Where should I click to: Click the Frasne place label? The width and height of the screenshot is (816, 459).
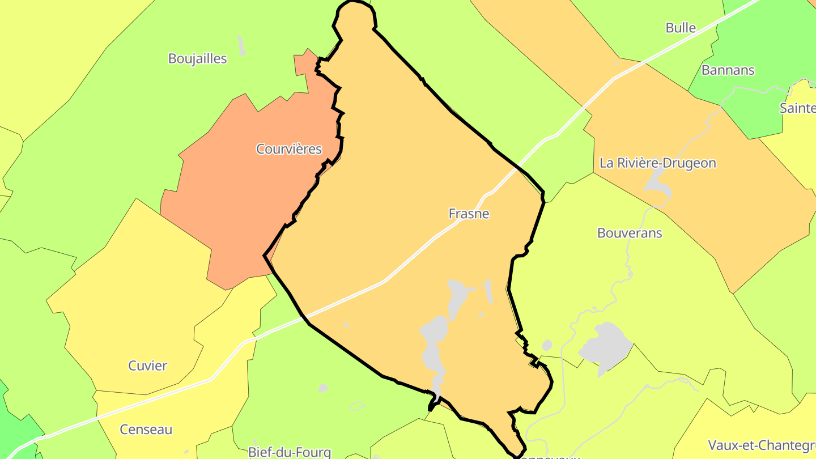(469, 214)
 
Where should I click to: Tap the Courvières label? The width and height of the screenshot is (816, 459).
(289, 149)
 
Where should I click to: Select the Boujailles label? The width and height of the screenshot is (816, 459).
(198, 58)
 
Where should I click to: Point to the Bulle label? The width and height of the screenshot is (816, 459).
(681, 28)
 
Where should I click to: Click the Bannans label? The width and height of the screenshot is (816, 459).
(728, 70)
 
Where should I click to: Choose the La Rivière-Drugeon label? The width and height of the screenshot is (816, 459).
(658, 163)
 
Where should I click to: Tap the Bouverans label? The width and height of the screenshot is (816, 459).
(630, 233)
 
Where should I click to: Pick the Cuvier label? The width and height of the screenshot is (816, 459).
(148, 365)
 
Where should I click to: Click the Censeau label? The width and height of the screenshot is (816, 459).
(146, 430)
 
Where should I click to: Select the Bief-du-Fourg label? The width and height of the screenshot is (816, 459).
(290, 452)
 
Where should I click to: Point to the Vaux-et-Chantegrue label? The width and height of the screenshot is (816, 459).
(762, 444)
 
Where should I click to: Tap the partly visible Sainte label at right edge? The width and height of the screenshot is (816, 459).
(797, 108)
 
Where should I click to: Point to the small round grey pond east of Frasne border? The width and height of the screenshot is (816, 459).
(547, 345)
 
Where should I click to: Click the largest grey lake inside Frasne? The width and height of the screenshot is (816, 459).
(433, 346)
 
